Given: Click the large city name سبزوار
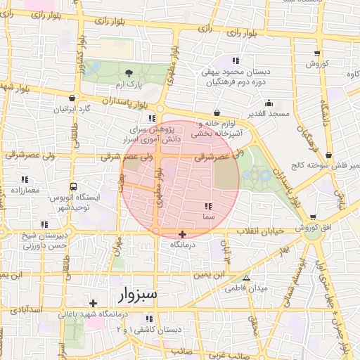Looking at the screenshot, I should (140, 293).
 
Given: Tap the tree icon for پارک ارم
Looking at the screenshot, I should (128, 72).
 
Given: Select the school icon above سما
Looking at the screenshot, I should (207, 206).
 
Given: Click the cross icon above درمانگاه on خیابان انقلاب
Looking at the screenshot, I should (183, 233).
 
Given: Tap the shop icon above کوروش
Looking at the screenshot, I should (318, 53).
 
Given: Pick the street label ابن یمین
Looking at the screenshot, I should (210, 272).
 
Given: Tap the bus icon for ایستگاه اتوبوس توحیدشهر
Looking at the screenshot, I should (73, 186).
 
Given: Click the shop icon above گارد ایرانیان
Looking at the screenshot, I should (74, 98).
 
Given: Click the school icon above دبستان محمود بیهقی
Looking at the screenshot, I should (235, 60).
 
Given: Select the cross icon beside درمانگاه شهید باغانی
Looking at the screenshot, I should (94, 303).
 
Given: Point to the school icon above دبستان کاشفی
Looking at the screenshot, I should (178, 319).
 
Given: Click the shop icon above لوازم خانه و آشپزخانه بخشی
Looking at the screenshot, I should (216, 112).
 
